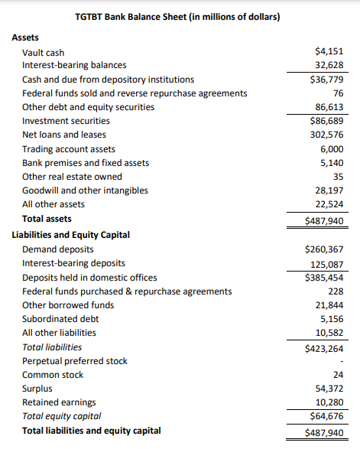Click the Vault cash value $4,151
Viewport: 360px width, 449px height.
pos(329,52)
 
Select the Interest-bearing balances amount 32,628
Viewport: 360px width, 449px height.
pos(329,65)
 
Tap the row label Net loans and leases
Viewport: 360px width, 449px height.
pos(64,135)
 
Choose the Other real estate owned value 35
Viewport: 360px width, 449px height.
pos(338,177)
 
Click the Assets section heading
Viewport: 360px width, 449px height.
pos(26,37)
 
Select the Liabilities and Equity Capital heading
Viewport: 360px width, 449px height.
pos(71,235)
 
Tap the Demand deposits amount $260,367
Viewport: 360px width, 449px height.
pos(324,249)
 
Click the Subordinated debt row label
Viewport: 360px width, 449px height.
pos(61,319)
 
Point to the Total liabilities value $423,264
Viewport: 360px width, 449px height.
pos(324,347)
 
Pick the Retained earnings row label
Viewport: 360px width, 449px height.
pos(59,402)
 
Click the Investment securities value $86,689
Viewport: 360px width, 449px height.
pos(326,121)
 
